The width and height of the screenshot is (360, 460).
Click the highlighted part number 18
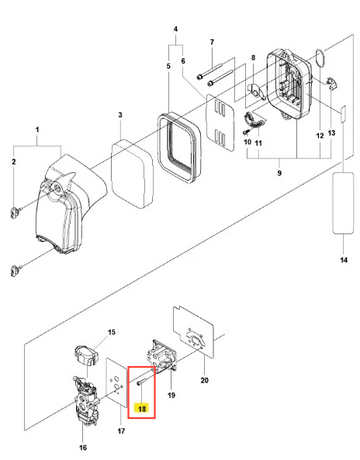coord(142,408)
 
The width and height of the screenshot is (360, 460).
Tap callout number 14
coord(344,260)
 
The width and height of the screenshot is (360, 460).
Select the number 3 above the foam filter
coord(120,115)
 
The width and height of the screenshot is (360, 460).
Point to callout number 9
coord(279,173)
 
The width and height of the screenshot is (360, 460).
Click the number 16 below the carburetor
coord(83,448)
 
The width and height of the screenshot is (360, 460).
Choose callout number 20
coord(205,380)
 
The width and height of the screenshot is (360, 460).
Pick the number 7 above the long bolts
coord(212,42)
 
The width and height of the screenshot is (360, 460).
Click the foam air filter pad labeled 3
coord(133,174)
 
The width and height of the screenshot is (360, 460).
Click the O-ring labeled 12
coord(320,58)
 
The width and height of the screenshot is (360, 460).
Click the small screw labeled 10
coord(246,133)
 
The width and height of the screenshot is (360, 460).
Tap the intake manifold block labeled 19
coord(161,358)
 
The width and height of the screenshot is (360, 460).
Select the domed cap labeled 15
coord(85,355)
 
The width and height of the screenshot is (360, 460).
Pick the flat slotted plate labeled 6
coord(220,123)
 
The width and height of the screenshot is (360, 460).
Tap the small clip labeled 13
coord(332,83)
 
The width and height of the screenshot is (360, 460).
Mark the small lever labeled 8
coord(257,91)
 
